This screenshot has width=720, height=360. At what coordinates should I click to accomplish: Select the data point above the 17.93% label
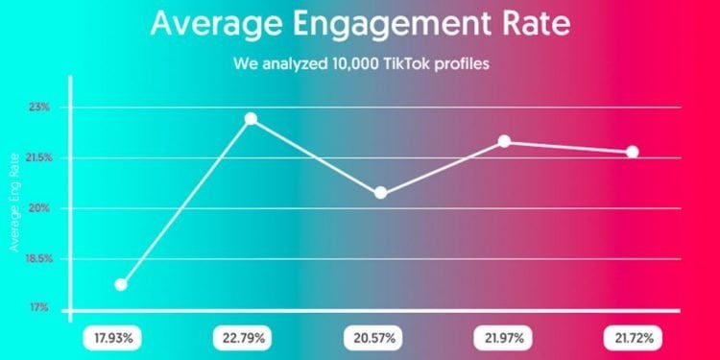121,284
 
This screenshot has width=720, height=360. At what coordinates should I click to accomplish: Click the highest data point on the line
251,118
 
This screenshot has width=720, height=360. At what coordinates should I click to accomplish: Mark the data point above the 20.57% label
380,193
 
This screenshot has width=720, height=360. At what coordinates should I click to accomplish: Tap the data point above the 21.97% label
504,142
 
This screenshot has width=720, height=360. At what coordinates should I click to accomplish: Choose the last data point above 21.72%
632,152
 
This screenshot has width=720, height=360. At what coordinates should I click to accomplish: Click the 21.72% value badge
633,338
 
